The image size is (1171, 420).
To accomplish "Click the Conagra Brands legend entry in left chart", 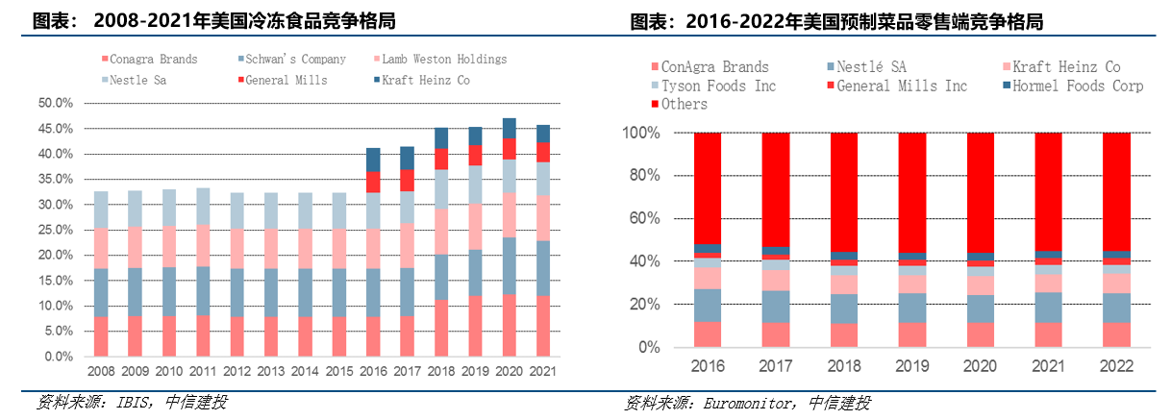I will click(x=153, y=60).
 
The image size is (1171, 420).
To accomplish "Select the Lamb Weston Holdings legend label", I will click(x=444, y=60).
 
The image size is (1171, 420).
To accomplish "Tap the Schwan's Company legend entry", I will click(x=295, y=60).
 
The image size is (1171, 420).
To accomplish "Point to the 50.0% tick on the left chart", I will click(x=55, y=103).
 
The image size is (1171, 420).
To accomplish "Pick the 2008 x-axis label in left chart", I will click(x=100, y=371).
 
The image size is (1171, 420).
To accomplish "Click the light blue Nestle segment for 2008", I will click(x=100, y=210).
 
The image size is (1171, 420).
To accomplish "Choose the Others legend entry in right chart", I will click(x=685, y=104).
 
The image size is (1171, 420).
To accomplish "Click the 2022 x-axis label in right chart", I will click(x=1116, y=366).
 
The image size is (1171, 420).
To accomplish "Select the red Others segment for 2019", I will click(x=912, y=192).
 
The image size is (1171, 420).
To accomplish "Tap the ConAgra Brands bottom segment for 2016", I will click(x=708, y=334).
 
